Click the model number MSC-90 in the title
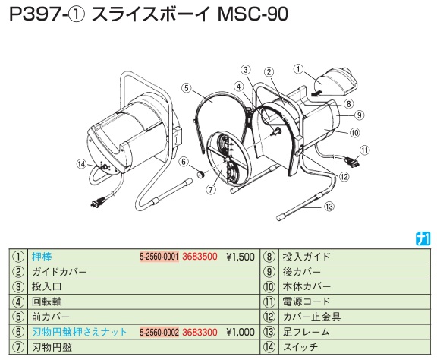pyautogui.click(x=253, y=14)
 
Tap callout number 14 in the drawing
pyautogui.click(x=82, y=164)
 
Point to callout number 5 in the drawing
pyautogui.click(x=187, y=88)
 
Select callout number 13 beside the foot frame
pyautogui.click(x=329, y=207)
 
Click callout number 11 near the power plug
pyautogui.click(x=364, y=150)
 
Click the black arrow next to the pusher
pyautogui.click(x=316, y=93)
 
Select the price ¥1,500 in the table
pyautogui.click(x=241, y=257)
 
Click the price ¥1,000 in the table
pyautogui.click(x=241, y=332)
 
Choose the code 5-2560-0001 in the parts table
pyautogui.click(x=159, y=257)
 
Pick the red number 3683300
pyautogui.click(x=200, y=332)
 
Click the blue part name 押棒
pyautogui.click(x=42, y=257)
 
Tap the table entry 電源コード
pyautogui.click(x=307, y=302)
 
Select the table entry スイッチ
pyautogui.click(x=300, y=347)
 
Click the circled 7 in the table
pyautogui.click(x=18, y=347)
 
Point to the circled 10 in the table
pyautogui.click(x=269, y=286)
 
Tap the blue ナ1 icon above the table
pyautogui.click(x=423, y=239)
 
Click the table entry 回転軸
pyautogui.click(x=47, y=302)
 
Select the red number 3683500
pyautogui.click(x=200, y=257)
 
